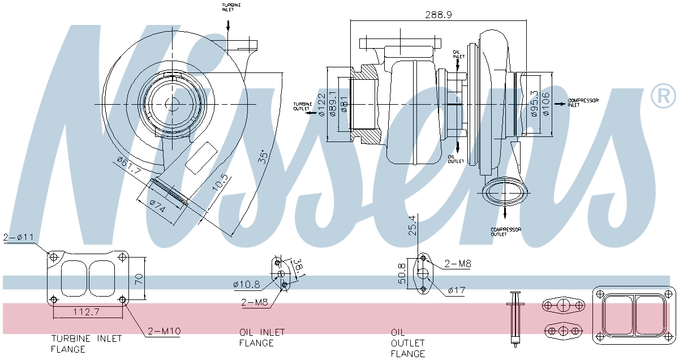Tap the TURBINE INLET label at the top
(x=231, y=7)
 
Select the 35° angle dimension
(x=263, y=157)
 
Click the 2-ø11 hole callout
(x=20, y=238)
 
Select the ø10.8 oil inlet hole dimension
(x=246, y=284)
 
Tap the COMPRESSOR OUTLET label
(x=505, y=232)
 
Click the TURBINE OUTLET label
(x=302, y=106)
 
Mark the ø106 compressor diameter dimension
(x=545, y=104)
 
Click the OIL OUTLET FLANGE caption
(x=408, y=343)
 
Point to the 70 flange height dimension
(x=138, y=278)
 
